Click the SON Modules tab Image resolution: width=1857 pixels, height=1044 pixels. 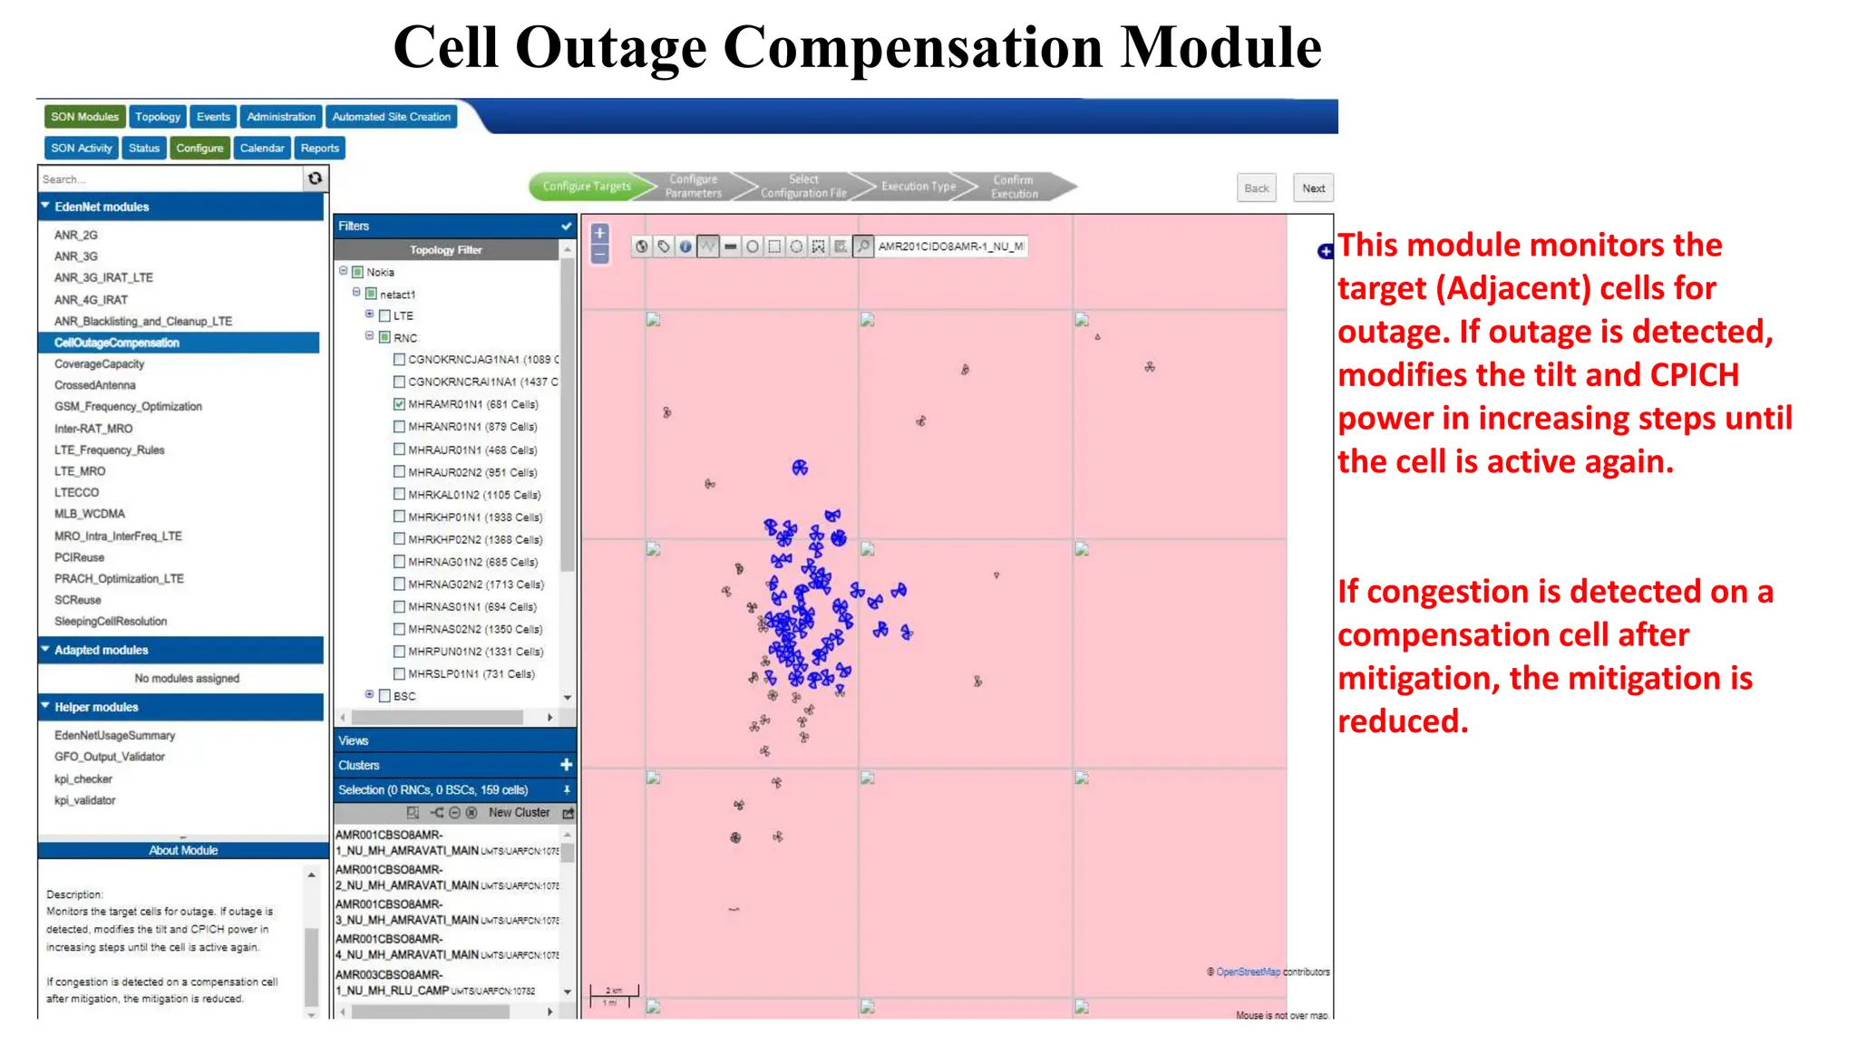[x=84, y=117]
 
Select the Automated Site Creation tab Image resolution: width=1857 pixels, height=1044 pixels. [x=391, y=117]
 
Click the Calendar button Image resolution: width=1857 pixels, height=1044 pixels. [x=261, y=148]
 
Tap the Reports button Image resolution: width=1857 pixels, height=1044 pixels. [x=319, y=148]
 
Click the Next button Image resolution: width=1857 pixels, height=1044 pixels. [x=1313, y=188]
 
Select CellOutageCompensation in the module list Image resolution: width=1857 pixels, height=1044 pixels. [x=117, y=343]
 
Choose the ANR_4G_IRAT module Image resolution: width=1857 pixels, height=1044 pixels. [x=91, y=300]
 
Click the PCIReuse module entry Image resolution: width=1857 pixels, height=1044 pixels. [x=79, y=557]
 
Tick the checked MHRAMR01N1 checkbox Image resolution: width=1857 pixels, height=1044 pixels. [x=399, y=404]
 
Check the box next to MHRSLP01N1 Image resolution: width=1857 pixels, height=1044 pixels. [x=399, y=673]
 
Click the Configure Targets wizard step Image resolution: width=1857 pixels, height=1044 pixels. [x=586, y=187]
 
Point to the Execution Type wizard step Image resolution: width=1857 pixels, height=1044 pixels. [x=918, y=187]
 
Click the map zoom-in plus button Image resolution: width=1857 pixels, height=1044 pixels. [x=599, y=233]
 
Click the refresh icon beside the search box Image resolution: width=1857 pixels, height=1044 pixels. [x=315, y=179]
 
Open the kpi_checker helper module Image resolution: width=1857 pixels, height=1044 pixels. [x=83, y=778]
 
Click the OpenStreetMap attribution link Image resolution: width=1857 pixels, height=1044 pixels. [x=1248, y=971]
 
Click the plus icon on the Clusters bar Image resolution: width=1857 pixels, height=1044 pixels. [x=566, y=765]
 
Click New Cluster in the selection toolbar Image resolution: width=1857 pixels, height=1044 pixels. [x=519, y=813]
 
